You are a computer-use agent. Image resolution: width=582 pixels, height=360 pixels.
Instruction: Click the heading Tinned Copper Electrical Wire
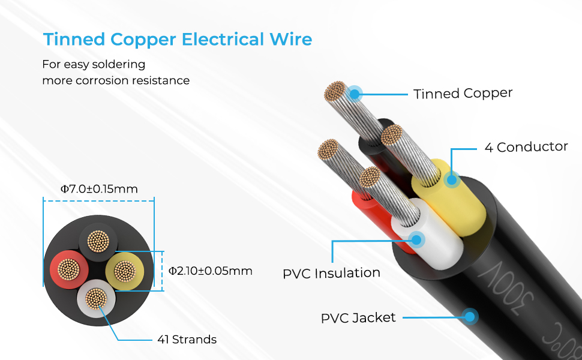[177, 40]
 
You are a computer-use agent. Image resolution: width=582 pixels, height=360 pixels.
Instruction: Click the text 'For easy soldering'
[94, 64]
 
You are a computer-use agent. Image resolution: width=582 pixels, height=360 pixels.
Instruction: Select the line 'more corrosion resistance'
[115, 80]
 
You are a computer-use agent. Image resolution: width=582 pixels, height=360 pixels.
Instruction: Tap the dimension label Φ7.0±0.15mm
[99, 189]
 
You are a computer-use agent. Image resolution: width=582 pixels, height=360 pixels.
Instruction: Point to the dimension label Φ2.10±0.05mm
[210, 271]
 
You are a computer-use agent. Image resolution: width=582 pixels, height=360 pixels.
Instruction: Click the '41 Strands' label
[186, 340]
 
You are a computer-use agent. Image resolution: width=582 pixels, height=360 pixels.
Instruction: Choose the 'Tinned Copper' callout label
[463, 94]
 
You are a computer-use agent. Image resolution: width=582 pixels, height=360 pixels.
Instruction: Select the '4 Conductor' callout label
[526, 147]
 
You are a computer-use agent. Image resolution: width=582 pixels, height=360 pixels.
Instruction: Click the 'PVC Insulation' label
[331, 273]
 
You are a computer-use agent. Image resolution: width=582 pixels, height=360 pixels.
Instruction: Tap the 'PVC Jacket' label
[358, 317]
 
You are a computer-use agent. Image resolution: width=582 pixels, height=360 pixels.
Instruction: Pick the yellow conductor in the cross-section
[125, 270]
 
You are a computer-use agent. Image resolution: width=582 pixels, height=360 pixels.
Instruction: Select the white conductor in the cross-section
[96, 298]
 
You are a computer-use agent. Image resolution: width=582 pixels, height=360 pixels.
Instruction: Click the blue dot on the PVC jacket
[470, 316]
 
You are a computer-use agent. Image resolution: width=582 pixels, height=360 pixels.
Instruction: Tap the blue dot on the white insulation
[418, 239]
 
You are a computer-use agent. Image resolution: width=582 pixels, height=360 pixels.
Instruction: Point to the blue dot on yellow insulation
[451, 179]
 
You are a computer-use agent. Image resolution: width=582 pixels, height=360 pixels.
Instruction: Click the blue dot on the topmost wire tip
[355, 94]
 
